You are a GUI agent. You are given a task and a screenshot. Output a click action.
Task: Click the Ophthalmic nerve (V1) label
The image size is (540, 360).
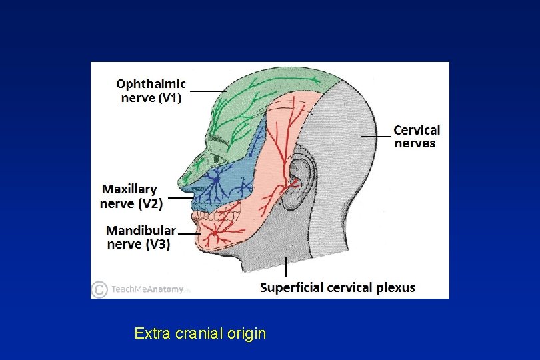151,91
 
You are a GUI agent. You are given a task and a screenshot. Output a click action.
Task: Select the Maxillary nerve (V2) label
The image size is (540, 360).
131,196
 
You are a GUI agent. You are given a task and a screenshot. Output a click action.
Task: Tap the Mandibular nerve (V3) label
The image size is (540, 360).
141,237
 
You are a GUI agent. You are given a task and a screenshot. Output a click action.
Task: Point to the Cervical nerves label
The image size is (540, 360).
416,136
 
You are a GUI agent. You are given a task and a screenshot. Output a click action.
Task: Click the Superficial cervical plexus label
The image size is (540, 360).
337,288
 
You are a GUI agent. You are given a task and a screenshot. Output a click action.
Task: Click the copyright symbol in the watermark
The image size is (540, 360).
99,289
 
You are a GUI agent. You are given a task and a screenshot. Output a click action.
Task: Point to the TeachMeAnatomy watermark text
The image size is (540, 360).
147,290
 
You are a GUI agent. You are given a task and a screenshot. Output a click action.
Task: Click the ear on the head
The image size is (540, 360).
301,177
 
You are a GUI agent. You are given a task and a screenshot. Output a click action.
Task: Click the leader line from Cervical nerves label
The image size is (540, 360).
377,136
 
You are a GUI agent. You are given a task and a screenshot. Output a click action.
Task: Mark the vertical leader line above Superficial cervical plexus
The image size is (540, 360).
286,267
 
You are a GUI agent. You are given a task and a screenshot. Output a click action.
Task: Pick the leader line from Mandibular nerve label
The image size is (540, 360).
187,235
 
